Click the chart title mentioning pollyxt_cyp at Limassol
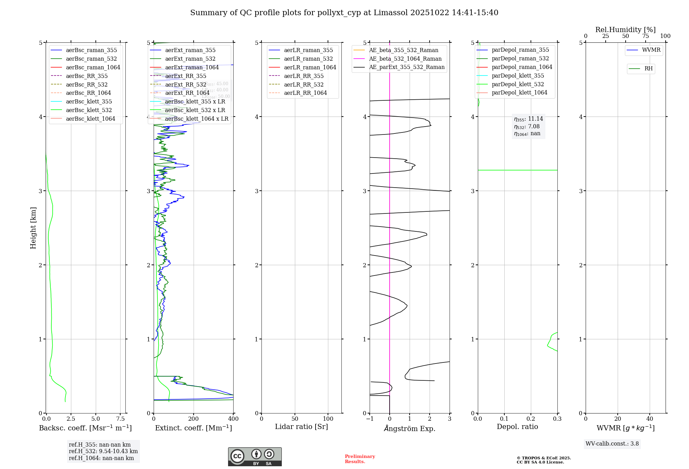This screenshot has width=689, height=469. coord(344,13)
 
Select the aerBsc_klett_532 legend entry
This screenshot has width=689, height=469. coord(89,110)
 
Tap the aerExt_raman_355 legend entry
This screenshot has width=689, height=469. coord(190,50)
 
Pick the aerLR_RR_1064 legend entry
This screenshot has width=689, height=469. coord(305,93)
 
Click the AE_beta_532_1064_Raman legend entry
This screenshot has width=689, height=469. coord(405,59)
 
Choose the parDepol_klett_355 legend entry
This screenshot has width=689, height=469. coord(518,76)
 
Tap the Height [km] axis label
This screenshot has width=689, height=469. coord(33,228)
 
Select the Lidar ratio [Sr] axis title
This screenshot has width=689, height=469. coord(301,427)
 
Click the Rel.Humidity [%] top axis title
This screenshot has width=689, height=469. coord(625,30)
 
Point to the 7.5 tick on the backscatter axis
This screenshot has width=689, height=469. coord(120,419)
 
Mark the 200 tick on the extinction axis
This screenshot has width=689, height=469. coord(194,419)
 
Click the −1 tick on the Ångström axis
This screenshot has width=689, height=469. coord(370,419)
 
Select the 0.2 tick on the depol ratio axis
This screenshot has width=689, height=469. coord(531,419)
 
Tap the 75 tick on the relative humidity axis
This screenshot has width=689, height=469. coord(645,36)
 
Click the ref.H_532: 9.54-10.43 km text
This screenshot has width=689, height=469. coord(103,451)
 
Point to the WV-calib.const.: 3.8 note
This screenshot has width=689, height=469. coord(612,443)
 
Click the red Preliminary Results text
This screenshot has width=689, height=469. coord(360,459)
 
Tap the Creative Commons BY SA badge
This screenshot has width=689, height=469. coord(255,457)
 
